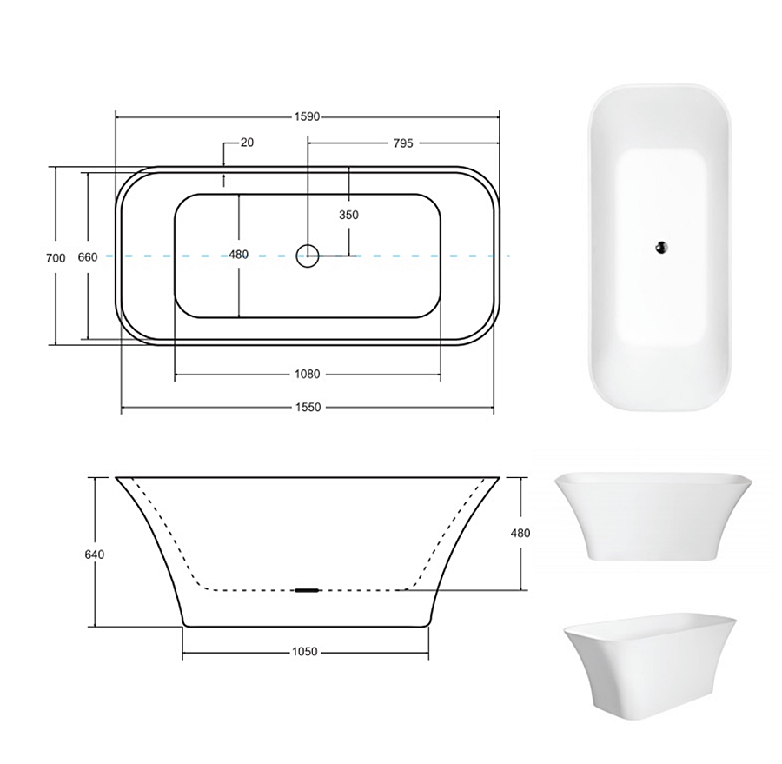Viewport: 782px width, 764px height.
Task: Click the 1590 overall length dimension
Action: point(307,116)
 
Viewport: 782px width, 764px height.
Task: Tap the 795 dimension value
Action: point(403,143)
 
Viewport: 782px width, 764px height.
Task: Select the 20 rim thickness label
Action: point(247,143)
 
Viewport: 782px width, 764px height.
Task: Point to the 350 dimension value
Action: point(348,215)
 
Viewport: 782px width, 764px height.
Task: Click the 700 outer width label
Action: point(56,258)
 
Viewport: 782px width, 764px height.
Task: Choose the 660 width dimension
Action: point(88,257)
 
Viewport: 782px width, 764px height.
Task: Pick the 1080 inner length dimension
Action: point(308,375)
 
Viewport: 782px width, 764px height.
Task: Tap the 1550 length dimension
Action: point(308,407)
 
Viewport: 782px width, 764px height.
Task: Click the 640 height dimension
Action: point(95,555)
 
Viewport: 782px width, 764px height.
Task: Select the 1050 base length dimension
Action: point(305,652)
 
